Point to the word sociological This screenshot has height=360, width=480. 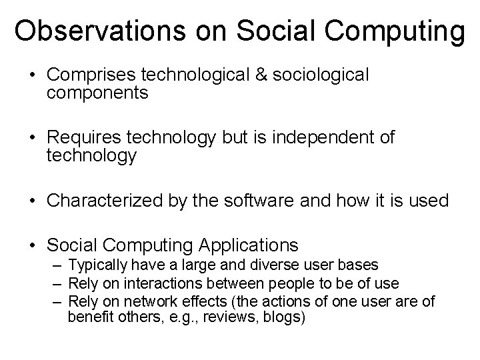click(321, 75)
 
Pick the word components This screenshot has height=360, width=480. click(97, 93)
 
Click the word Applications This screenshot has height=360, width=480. click(249, 245)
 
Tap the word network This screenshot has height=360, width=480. click(145, 301)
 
